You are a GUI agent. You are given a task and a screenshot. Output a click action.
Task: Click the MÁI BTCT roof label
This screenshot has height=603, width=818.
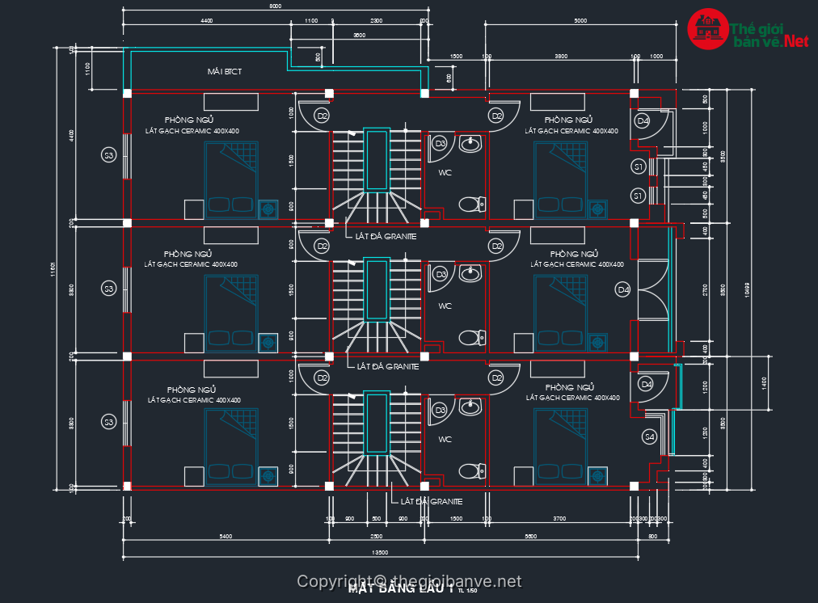point(224,72)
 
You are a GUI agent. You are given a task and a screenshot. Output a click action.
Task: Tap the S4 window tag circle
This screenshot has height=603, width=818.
point(649,437)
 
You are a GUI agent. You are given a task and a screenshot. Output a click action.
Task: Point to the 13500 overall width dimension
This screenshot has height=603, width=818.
point(379,553)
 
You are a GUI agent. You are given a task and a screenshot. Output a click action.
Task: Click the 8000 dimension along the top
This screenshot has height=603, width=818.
point(275,6)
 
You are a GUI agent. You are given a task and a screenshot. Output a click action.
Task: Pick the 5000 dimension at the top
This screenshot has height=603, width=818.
point(580,21)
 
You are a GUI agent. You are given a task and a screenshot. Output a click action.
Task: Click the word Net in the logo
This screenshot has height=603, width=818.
point(795,40)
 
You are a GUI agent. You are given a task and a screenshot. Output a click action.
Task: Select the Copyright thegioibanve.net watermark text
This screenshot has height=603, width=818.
point(409,581)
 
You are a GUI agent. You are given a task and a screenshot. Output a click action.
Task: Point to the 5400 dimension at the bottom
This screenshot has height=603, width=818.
point(226,537)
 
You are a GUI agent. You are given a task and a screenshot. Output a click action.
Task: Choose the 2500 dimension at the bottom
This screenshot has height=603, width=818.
point(376,537)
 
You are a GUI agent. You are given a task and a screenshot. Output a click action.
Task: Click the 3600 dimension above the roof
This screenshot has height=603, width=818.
point(359,36)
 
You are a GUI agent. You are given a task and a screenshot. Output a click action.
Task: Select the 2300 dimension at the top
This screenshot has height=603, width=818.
point(376,21)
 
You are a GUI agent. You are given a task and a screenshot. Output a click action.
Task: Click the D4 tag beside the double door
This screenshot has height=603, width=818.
point(623,289)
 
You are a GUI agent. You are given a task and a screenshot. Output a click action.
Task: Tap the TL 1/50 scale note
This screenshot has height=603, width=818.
point(467,592)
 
